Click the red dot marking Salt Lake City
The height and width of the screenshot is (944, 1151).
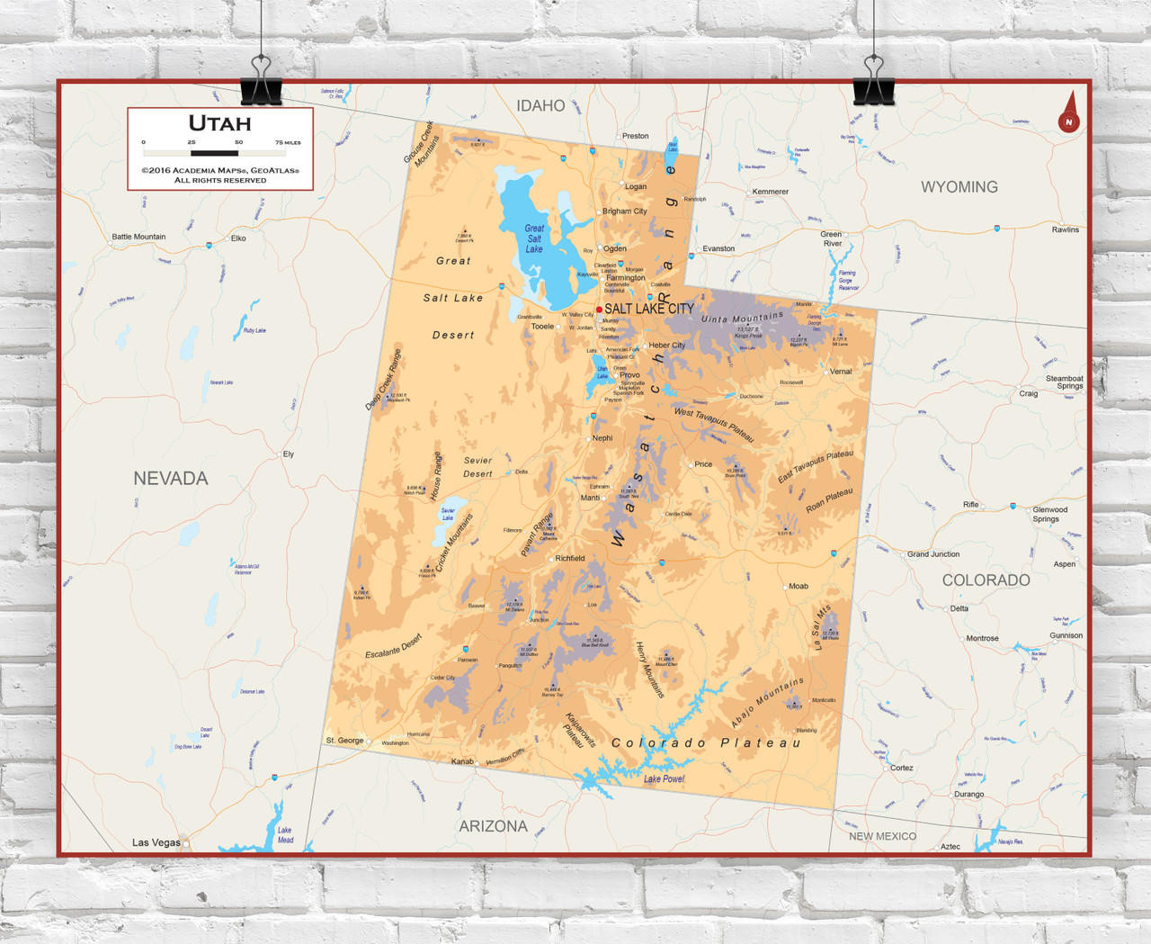point(599,310)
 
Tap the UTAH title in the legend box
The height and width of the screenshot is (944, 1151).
point(219,123)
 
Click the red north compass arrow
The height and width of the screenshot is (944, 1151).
point(1068,113)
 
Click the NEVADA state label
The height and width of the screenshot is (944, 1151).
point(171,479)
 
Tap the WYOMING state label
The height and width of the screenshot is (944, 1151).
point(959,187)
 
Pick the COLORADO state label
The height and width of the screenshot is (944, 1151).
point(986,580)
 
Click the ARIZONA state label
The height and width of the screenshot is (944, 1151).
point(493,826)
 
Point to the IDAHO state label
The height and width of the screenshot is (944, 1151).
point(540,105)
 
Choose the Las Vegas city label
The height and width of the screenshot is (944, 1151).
point(156,843)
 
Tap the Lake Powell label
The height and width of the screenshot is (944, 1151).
point(664,779)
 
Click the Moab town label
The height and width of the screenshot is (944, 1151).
point(799,586)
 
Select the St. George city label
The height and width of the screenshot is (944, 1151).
point(344,741)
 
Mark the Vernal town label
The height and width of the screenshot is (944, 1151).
point(841,371)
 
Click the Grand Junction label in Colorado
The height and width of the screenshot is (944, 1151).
point(933,554)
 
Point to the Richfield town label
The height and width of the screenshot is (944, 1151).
point(570,558)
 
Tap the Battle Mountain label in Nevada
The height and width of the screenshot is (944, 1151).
point(138,237)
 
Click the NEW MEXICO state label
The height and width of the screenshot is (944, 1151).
point(882,836)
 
